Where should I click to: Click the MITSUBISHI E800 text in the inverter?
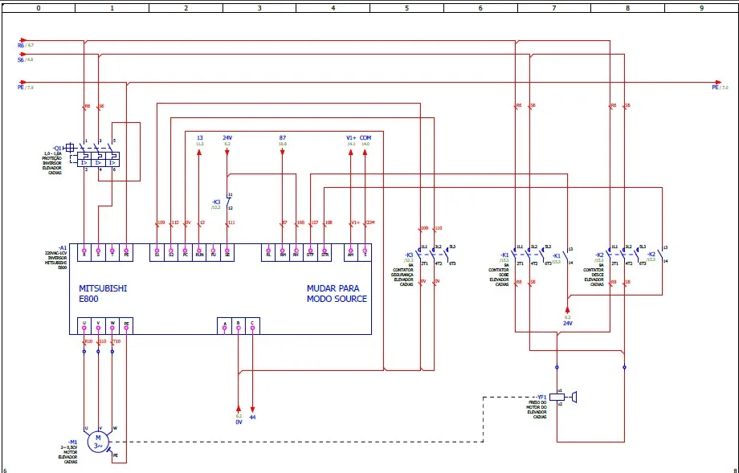coord(102,293)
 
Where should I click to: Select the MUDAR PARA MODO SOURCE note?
coord(337,293)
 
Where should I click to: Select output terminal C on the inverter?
coord(252,325)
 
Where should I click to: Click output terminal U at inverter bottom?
coord(84,325)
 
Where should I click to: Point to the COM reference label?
coord(365,138)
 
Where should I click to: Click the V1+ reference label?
coord(351,138)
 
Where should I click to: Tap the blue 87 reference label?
coord(283,138)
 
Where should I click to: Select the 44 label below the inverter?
coord(252,417)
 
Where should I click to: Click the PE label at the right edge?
coord(715,87)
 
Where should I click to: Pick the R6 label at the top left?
coord(21,46)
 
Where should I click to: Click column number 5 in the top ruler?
coord(406,7)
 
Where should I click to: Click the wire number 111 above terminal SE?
coord(231,222)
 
